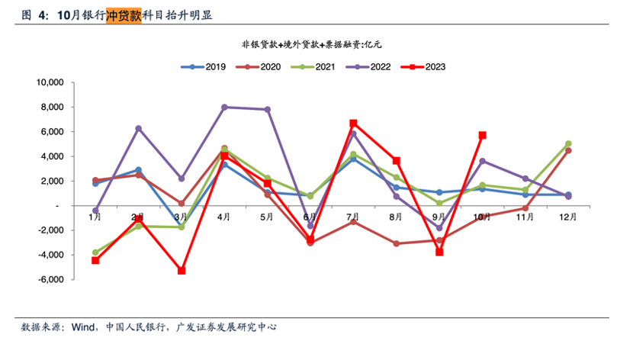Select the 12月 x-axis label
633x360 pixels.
568,217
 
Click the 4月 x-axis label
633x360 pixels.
224,217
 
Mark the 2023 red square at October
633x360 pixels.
483,135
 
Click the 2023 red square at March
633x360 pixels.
182,271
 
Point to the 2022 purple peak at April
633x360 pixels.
224,108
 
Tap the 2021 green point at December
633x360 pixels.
568,143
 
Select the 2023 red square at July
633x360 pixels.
353,123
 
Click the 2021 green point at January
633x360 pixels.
95,252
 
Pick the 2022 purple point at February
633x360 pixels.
138,128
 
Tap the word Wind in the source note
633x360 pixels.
83,327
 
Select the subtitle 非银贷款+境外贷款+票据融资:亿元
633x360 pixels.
312,44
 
